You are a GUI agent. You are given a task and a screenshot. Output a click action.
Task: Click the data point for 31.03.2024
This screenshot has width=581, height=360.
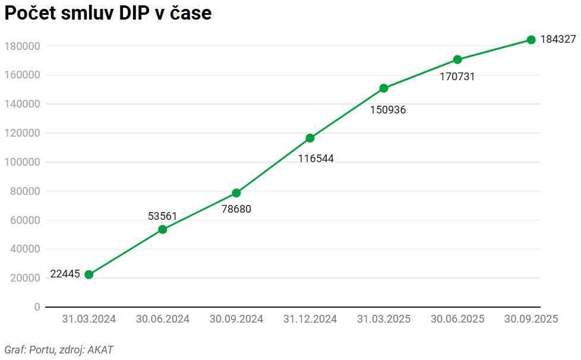[x=89, y=274]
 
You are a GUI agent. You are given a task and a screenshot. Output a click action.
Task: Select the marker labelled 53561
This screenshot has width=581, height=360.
[x=163, y=229]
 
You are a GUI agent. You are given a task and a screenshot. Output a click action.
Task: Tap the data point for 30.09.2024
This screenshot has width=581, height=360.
[x=236, y=193]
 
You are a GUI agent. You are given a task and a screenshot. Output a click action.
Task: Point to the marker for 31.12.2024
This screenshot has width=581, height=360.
[x=310, y=138]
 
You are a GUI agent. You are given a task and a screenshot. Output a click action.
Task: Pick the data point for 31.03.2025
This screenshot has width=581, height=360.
[x=384, y=89]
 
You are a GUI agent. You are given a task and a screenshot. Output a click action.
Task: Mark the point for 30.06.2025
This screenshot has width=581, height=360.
[x=457, y=59]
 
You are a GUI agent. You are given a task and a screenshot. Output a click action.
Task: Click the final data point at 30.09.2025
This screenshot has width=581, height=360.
[x=531, y=40]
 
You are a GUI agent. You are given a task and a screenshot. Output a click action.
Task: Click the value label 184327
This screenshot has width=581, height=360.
[x=558, y=40]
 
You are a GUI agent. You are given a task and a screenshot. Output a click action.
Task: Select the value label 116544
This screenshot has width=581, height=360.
[x=315, y=159]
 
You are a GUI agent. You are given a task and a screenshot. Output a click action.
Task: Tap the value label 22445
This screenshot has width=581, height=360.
[x=65, y=274]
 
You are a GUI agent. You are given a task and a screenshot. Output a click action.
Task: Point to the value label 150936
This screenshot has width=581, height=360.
[x=388, y=110]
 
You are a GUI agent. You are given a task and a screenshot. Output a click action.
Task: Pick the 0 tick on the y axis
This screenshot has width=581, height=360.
[x=37, y=307]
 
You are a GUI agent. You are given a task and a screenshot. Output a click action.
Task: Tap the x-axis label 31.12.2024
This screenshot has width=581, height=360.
[x=310, y=319]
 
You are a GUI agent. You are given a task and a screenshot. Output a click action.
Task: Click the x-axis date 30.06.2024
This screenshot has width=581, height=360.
[x=163, y=319]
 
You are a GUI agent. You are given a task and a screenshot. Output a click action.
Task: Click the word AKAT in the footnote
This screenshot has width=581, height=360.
[x=100, y=350]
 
